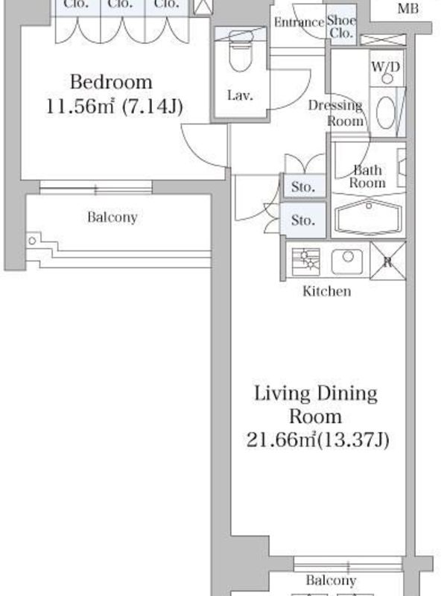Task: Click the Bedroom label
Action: [x=111, y=82]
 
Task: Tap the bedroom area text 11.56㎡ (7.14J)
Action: [x=115, y=107]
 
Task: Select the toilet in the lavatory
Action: [x=241, y=51]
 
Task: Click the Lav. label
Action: [x=240, y=95]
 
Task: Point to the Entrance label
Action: [x=299, y=22]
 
